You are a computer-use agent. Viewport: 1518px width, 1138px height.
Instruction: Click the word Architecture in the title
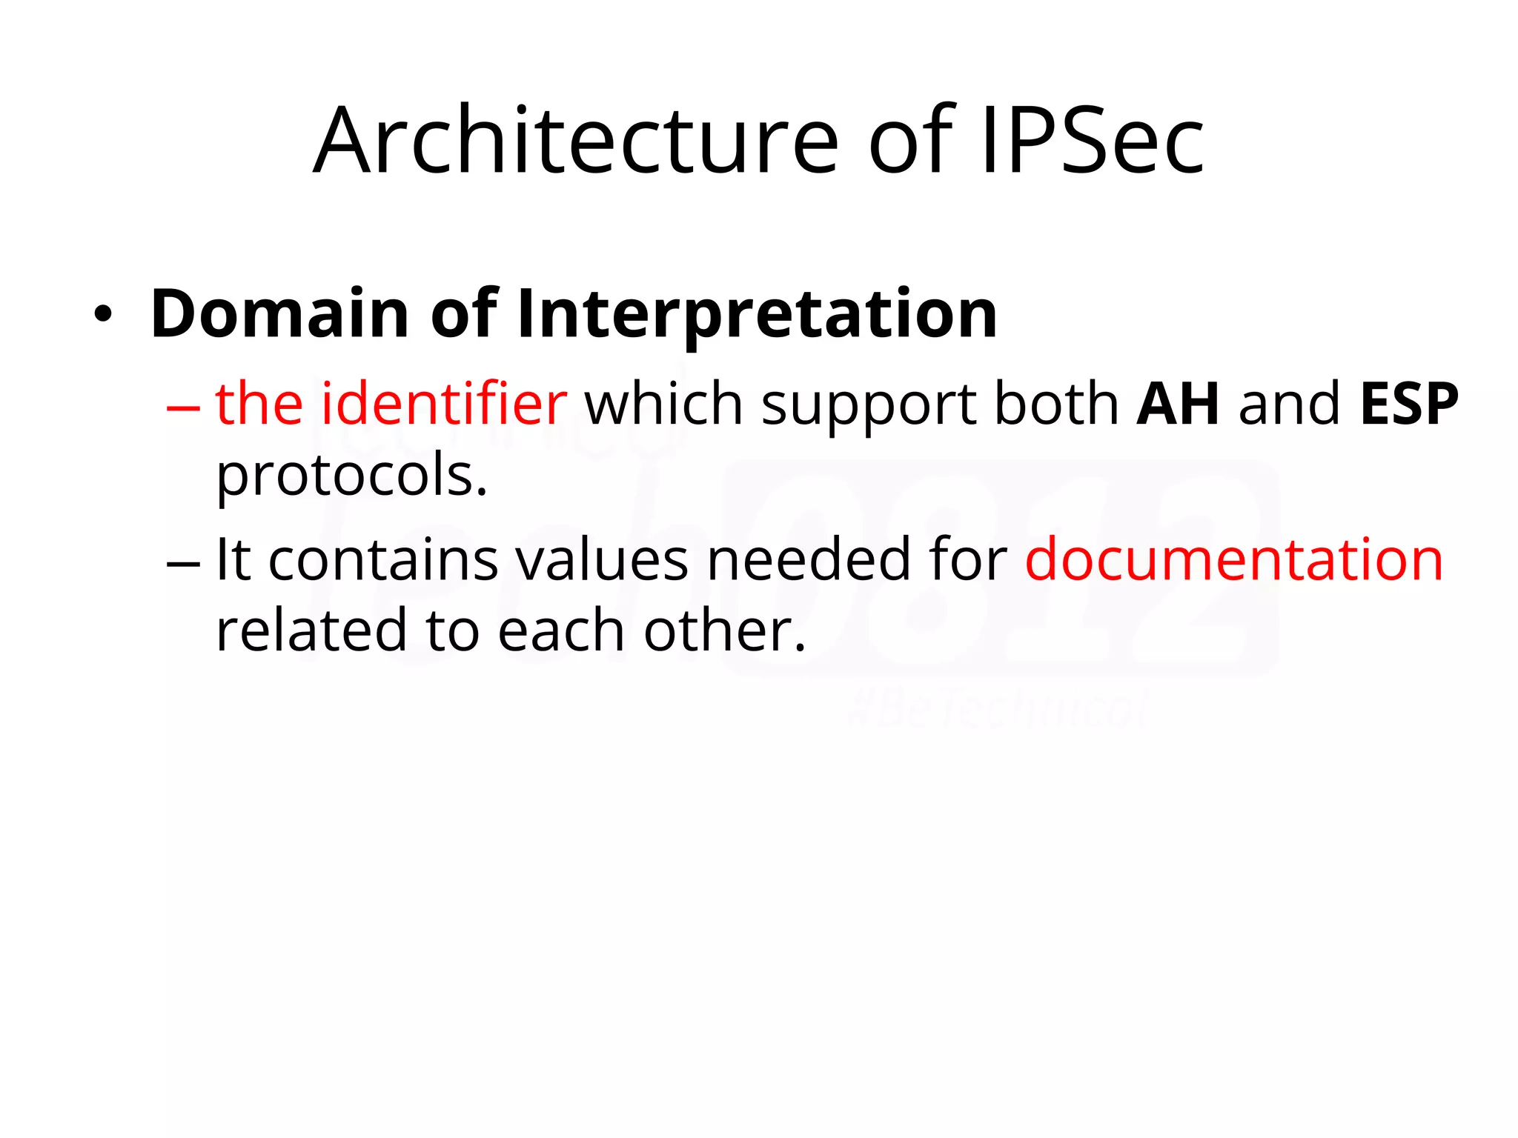(x=576, y=141)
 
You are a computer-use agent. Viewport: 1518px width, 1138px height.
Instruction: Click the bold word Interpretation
(x=757, y=315)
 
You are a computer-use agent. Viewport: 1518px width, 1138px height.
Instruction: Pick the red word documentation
(x=1234, y=559)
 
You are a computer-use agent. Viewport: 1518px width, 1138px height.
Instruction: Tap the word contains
(x=382, y=559)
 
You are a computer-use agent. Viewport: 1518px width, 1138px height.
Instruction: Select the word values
(x=602, y=559)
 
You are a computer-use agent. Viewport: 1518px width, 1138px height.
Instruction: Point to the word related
(x=311, y=630)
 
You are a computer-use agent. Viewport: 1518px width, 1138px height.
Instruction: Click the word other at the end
(x=723, y=630)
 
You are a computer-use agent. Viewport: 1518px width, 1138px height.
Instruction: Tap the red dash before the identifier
(x=183, y=407)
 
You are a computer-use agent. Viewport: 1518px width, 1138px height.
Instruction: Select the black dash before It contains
(x=183, y=562)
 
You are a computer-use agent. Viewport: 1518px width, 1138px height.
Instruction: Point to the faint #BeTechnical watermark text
(x=998, y=710)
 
